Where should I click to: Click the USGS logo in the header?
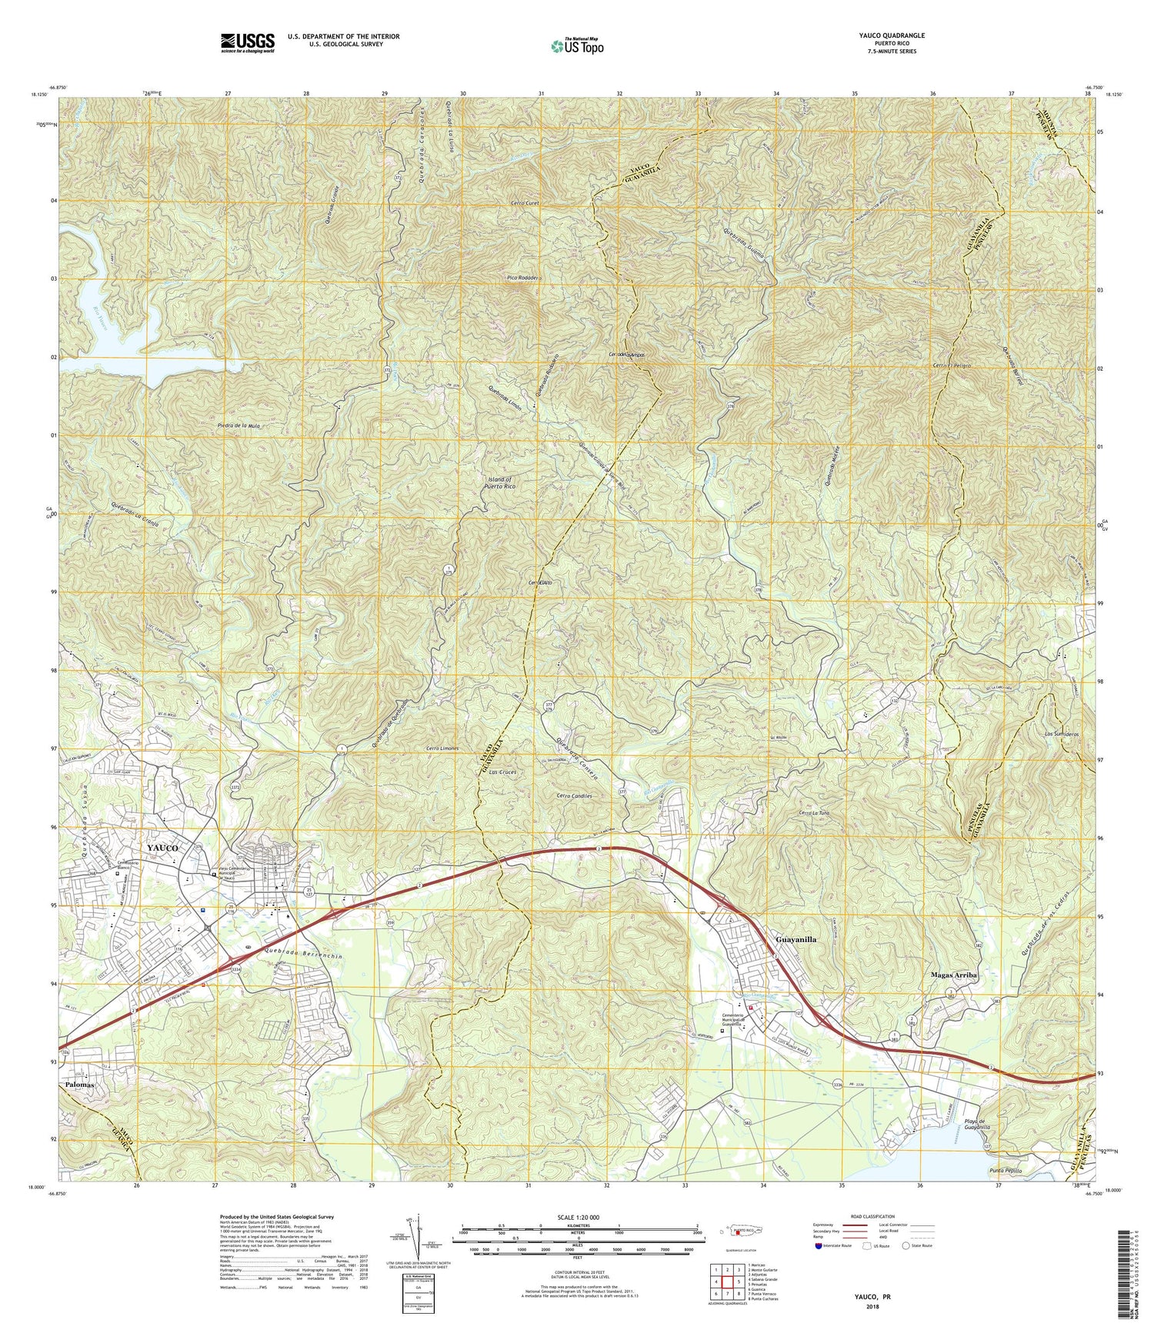tap(247, 42)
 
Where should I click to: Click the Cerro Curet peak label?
tap(525, 203)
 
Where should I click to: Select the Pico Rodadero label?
tap(524, 278)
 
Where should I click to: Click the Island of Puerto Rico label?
tap(499, 483)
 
